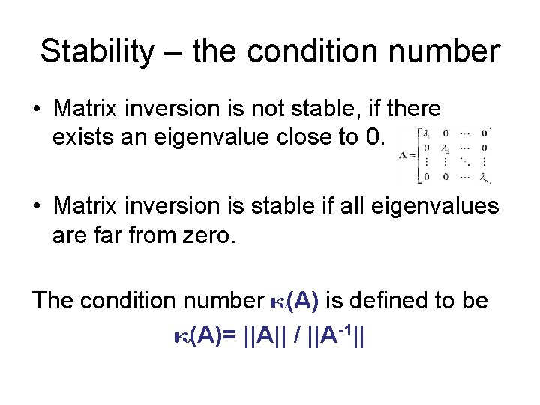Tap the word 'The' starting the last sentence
click(x=52, y=301)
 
